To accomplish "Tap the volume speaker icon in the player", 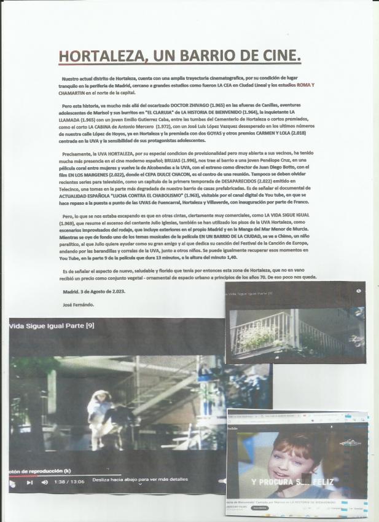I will pos(45,482).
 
